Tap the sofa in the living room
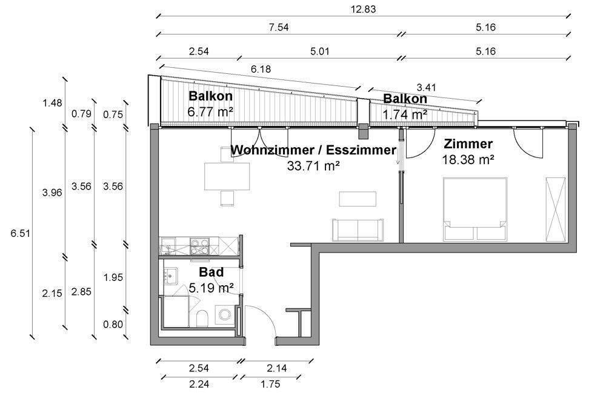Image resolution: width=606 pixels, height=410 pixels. click(x=358, y=229)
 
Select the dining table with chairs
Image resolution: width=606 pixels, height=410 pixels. click(x=227, y=176)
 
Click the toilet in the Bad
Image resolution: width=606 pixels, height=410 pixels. click(x=204, y=319)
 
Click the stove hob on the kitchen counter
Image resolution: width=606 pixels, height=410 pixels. click(x=199, y=246)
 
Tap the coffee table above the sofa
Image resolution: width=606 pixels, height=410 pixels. click(x=358, y=199)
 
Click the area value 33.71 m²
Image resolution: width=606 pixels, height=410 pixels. click(x=313, y=164)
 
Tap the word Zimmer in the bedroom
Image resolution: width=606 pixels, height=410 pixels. click(x=468, y=144)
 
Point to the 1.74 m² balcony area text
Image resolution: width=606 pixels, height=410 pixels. click(x=404, y=113)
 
